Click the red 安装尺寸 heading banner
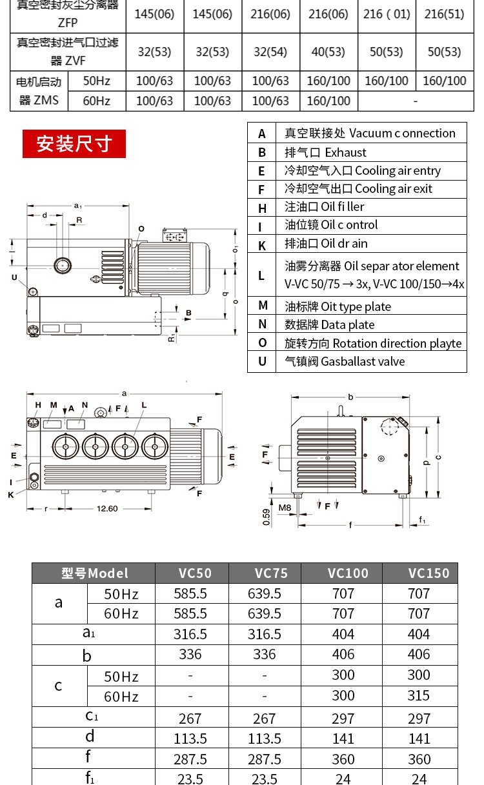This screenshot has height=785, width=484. point(74,144)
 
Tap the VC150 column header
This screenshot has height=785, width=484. point(429,573)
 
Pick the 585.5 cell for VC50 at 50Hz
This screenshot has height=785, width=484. point(190,593)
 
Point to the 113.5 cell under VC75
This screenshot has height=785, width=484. point(265,738)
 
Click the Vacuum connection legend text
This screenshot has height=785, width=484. point(402,134)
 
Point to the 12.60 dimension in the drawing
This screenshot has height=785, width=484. point(107,508)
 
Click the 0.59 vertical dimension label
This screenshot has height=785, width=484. point(267,517)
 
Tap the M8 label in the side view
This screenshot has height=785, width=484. point(285,508)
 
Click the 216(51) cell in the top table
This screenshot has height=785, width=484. point(444,14)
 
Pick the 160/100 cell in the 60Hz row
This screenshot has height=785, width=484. point(328,101)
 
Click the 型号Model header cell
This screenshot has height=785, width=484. point(94,573)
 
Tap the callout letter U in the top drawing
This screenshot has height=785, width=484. point(14,277)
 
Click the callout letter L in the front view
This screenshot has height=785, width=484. point(144,405)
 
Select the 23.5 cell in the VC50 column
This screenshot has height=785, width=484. point(190,779)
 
